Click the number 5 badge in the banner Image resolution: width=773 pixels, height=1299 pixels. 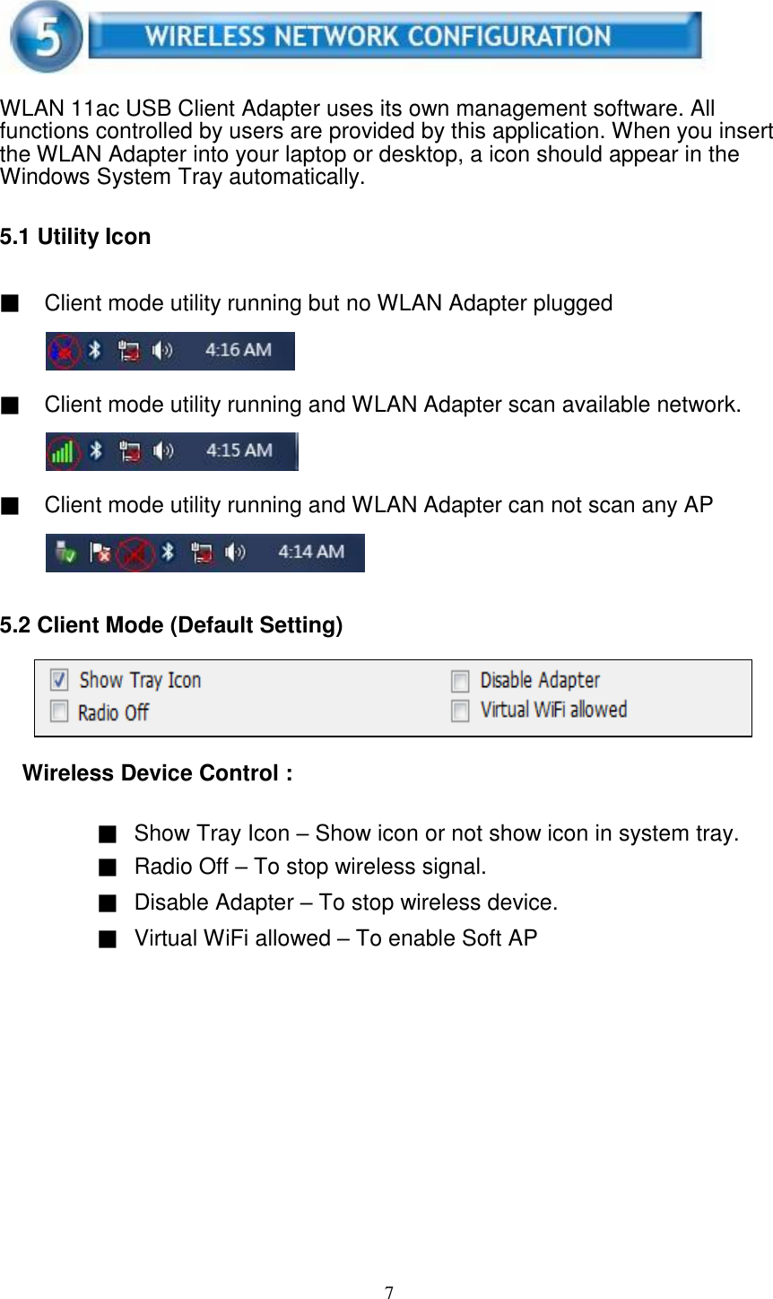[45, 36]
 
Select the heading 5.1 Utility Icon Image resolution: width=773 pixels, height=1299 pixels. [75, 237]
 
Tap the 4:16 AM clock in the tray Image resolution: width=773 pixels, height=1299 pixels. [238, 350]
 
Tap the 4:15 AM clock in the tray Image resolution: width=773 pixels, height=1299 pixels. [239, 450]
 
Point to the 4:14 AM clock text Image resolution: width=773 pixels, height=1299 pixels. [310, 552]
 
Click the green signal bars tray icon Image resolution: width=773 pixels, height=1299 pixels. [63, 450]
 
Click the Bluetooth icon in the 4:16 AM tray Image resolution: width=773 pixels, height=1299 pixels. [97, 350]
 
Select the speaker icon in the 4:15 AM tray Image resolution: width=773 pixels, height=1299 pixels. [163, 450]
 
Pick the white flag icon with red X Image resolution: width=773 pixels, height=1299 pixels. [100, 553]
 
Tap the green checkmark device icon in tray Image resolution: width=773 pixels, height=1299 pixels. [65, 553]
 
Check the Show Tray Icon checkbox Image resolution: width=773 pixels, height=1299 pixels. [59, 680]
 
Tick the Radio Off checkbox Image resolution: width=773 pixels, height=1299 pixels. [59, 712]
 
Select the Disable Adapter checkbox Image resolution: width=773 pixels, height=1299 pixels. [460, 681]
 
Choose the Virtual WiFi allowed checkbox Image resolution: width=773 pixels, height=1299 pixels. [460, 711]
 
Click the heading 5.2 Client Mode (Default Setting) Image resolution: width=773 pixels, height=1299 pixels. [171, 625]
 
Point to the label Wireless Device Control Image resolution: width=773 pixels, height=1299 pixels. [157, 773]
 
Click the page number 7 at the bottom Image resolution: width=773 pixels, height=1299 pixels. [389, 1292]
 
